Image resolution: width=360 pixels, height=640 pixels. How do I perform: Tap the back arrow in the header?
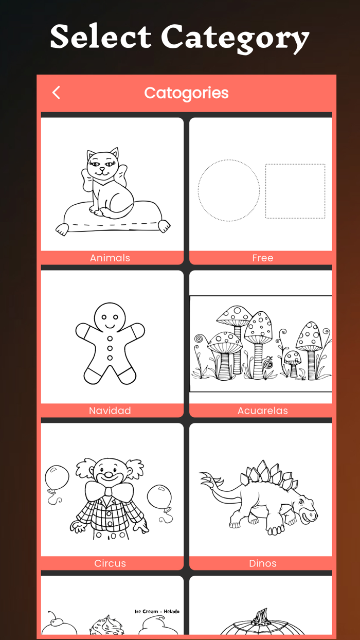point(56,93)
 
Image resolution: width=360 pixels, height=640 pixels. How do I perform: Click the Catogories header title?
point(186,93)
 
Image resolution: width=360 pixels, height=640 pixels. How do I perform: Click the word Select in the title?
point(101,37)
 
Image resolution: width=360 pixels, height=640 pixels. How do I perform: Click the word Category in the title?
point(235,39)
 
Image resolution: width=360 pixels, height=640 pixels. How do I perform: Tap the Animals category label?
point(110,258)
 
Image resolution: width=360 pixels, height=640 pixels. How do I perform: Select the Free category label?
point(263,258)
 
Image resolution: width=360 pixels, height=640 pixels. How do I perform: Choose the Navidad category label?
point(110,411)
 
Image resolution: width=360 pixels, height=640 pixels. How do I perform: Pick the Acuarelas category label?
point(263,411)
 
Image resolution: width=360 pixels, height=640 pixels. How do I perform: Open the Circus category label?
point(110,563)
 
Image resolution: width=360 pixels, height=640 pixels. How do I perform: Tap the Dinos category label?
point(263,563)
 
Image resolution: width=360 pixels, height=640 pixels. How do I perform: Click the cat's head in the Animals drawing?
point(103,165)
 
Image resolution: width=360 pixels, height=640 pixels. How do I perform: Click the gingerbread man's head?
point(110,317)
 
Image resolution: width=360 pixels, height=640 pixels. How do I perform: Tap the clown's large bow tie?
point(109,491)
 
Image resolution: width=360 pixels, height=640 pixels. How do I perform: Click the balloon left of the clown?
point(57,478)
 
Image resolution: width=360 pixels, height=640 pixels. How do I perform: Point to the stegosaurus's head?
point(305,510)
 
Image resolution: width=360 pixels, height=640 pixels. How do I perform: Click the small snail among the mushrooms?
point(268,363)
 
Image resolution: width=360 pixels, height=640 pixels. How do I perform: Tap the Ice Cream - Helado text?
point(157,611)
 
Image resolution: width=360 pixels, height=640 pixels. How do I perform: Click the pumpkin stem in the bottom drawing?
point(261,616)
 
